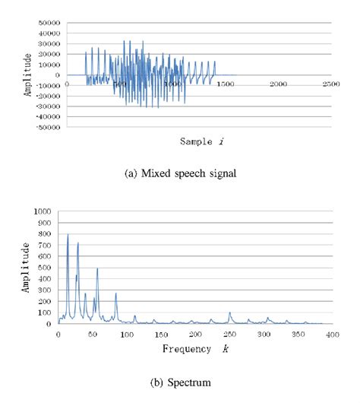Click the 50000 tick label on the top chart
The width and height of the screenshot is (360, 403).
(49, 24)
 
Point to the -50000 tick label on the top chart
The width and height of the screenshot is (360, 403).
(47, 127)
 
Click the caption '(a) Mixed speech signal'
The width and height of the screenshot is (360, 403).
(180, 173)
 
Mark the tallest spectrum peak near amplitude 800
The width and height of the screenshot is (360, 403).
(68, 235)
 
